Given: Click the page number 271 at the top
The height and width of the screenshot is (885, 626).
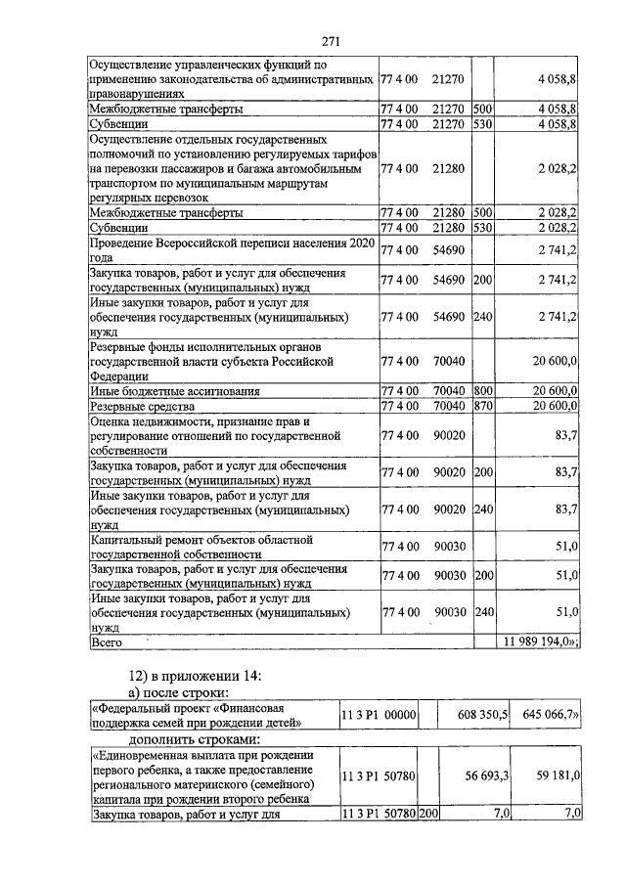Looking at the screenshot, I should pos(330,41).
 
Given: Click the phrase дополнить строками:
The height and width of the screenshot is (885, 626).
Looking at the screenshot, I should pos(197,740).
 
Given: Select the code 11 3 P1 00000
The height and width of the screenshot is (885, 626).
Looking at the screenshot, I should pos(379,716).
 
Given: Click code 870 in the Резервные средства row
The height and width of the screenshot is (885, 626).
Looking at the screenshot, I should pos(482,406).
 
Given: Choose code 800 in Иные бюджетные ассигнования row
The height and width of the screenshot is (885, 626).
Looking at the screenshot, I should pos(482,391).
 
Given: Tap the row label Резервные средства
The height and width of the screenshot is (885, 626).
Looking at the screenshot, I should pos(143,406).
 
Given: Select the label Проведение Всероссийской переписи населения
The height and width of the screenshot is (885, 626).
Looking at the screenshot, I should pos(231,242).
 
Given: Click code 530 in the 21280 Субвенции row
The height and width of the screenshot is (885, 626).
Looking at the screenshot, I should pos(482,227).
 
